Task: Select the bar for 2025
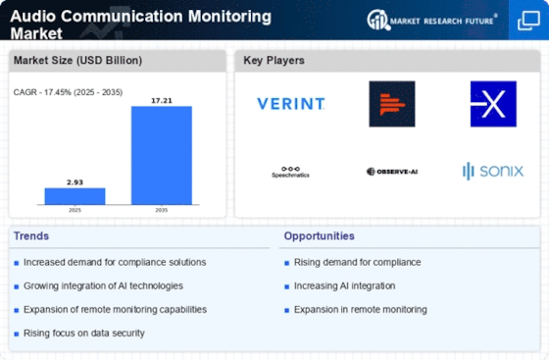click(75, 195)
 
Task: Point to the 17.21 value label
click(162, 99)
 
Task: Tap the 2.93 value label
click(75, 181)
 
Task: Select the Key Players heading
click(274, 61)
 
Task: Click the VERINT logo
click(291, 103)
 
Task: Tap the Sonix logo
click(492, 172)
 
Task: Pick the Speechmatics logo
click(290, 173)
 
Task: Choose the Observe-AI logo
click(392, 172)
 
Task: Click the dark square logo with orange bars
click(392, 103)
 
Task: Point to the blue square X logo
click(492, 103)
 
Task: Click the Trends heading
click(31, 236)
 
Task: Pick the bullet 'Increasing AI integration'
click(344, 285)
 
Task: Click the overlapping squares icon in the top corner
click(526, 20)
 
